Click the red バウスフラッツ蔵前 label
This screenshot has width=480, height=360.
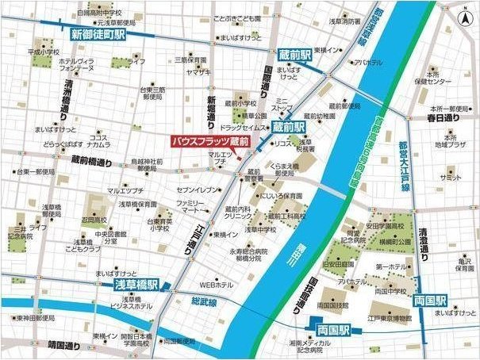click(211, 141)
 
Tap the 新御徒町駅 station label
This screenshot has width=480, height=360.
click(98, 35)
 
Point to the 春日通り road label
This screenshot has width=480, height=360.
click(443, 118)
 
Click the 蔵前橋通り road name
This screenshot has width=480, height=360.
click(93, 159)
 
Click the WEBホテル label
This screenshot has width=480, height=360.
click(216, 284)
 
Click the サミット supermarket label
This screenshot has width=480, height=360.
click(451, 178)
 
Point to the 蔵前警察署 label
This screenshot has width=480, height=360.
click(252, 175)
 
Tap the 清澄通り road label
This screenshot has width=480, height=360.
click(424, 243)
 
